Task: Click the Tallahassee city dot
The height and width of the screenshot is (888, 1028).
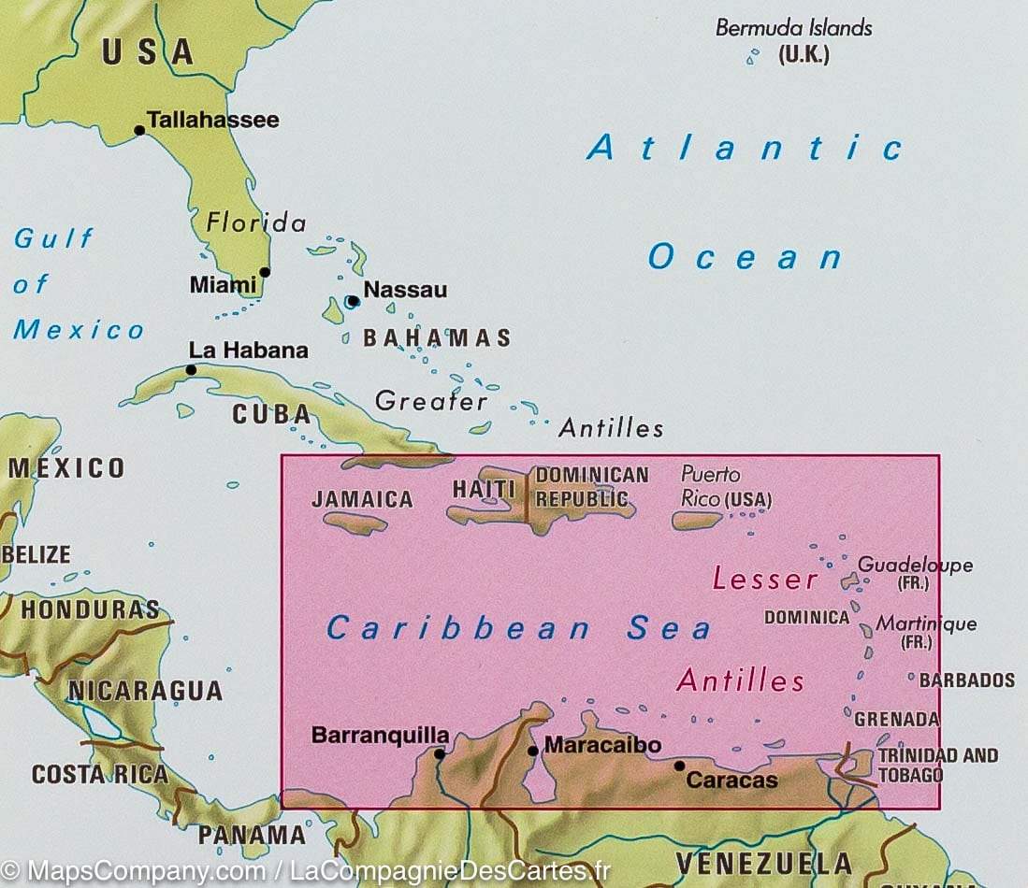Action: pyautogui.click(x=139, y=130)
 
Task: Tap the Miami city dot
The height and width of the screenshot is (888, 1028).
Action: pyautogui.click(x=265, y=272)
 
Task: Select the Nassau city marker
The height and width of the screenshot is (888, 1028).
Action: pyautogui.click(x=353, y=301)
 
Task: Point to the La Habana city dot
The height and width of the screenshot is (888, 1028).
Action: pyautogui.click(x=191, y=369)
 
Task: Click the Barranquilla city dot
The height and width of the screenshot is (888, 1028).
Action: pyautogui.click(x=439, y=752)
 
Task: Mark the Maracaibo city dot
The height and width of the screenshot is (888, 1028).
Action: pyautogui.click(x=532, y=750)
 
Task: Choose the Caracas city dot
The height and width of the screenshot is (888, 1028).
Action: pyautogui.click(x=679, y=766)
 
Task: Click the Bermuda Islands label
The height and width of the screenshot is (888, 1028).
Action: pyautogui.click(x=793, y=28)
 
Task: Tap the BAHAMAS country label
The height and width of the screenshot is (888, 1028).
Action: pyautogui.click(x=437, y=338)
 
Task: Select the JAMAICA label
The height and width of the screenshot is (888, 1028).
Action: pyautogui.click(x=362, y=499)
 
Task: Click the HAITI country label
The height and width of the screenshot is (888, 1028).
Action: pyautogui.click(x=484, y=489)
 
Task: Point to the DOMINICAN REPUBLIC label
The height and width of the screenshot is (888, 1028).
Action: pyautogui.click(x=591, y=486)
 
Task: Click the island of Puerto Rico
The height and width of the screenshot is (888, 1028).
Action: pyautogui.click(x=697, y=521)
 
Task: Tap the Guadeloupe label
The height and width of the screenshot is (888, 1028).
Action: pyautogui.click(x=915, y=565)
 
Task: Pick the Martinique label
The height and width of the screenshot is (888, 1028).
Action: pyautogui.click(x=926, y=623)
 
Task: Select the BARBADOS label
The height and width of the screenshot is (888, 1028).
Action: pyautogui.click(x=966, y=680)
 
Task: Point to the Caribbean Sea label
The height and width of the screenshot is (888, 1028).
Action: pyautogui.click(x=518, y=629)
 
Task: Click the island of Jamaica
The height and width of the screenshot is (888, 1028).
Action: pyautogui.click(x=355, y=523)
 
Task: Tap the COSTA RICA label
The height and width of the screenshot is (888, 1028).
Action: pyautogui.click(x=99, y=774)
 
